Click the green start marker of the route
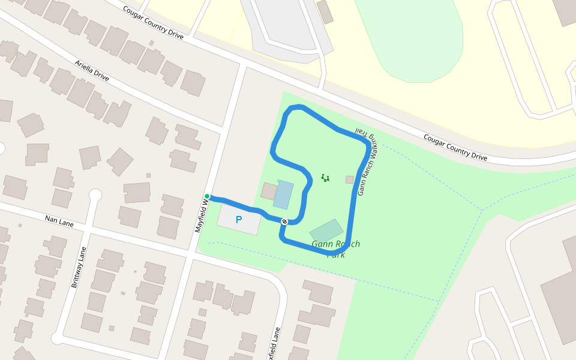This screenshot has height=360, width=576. pos(207,196)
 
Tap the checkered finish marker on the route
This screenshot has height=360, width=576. pos(284,221)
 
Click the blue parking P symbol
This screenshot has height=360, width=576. pos(238,220)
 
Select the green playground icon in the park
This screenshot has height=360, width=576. pos(325,178)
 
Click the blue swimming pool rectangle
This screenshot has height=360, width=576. pos(283,194)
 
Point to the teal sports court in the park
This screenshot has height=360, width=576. pos(326,230)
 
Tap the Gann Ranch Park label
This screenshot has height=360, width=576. pos(336,249)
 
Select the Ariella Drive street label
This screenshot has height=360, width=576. pos(92,70)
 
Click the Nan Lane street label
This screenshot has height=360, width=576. pos(59,221)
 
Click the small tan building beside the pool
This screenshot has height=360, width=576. pos(269,191)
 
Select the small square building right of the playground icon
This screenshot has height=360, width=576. pos(350,179)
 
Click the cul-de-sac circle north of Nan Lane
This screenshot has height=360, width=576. pos(95,195)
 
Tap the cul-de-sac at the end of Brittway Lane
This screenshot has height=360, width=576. pos(57,339)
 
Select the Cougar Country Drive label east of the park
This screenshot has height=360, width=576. pos(455,147)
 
